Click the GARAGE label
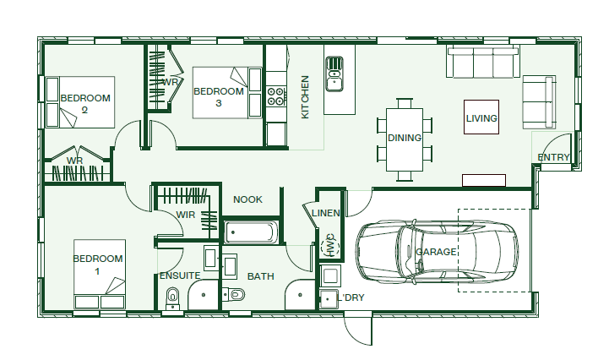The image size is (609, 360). tap(436, 252)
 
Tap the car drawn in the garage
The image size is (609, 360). tap(437, 252)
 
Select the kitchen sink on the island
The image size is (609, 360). tap(334, 74)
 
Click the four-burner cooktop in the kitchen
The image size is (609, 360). tap(276, 96)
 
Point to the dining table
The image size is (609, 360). tap(405, 139)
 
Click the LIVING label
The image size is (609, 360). tap(481, 118)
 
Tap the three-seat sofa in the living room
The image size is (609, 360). tap(483, 62)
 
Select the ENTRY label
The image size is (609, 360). tap(553, 157)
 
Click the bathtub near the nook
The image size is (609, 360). tap(252, 232)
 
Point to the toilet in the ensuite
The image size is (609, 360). tap(172, 298)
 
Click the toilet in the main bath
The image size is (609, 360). tap(233, 294)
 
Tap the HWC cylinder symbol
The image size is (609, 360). tap(330, 245)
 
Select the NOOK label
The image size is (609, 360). tap(247, 199)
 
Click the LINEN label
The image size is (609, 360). tap(326, 213)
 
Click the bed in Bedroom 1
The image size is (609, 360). tap(100, 274)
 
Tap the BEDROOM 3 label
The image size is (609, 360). tap(219, 97)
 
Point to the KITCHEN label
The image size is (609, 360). tap(305, 97)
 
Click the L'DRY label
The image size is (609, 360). tap(351, 297)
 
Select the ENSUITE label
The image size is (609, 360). tap(180, 275)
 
